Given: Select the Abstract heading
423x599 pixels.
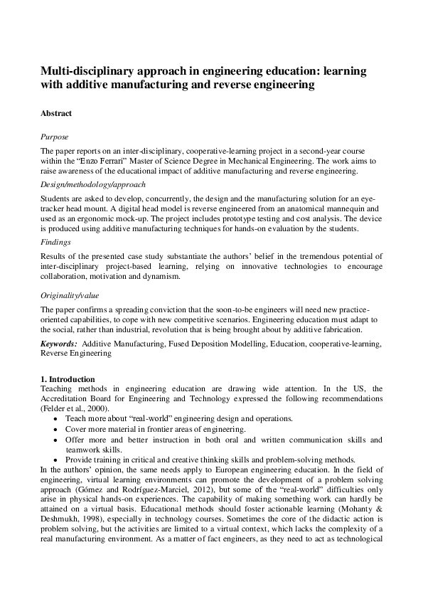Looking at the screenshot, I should tap(56, 113).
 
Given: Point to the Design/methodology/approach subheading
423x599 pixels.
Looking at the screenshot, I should tap(92, 184).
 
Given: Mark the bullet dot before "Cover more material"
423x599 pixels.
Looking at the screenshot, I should tap(57, 430).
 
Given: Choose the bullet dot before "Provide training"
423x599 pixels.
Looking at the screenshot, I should tap(57, 460).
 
